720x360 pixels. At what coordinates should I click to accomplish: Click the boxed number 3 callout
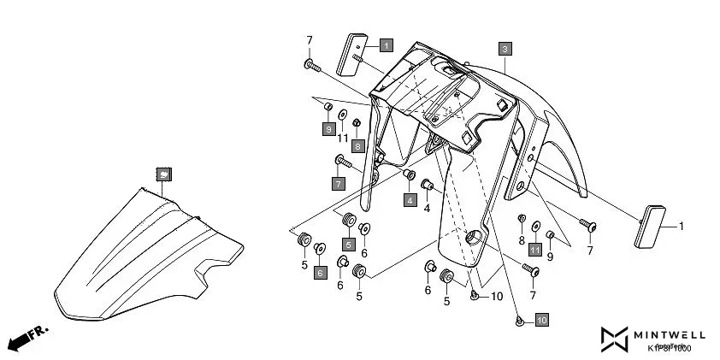click(x=505, y=49)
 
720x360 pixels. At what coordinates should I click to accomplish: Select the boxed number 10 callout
click(x=541, y=320)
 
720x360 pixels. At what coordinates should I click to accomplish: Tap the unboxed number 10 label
click(x=497, y=297)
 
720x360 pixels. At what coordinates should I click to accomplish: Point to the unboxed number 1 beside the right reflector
click(x=682, y=227)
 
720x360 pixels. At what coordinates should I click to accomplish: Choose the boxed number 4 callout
click(x=410, y=200)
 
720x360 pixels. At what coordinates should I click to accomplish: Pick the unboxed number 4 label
click(x=427, y=208)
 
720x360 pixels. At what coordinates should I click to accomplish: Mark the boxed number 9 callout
click(x=328, y=128)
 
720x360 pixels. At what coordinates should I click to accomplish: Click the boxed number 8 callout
click(x=357, y=145)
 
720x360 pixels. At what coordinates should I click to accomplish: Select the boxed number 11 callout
click(x=534, y=249)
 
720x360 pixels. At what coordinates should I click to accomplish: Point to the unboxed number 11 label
click(x=342, y=139)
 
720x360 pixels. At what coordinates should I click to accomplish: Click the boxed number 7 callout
click(x=338, y=183)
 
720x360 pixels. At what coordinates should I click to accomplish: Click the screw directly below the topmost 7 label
click(x=310, y=64)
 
